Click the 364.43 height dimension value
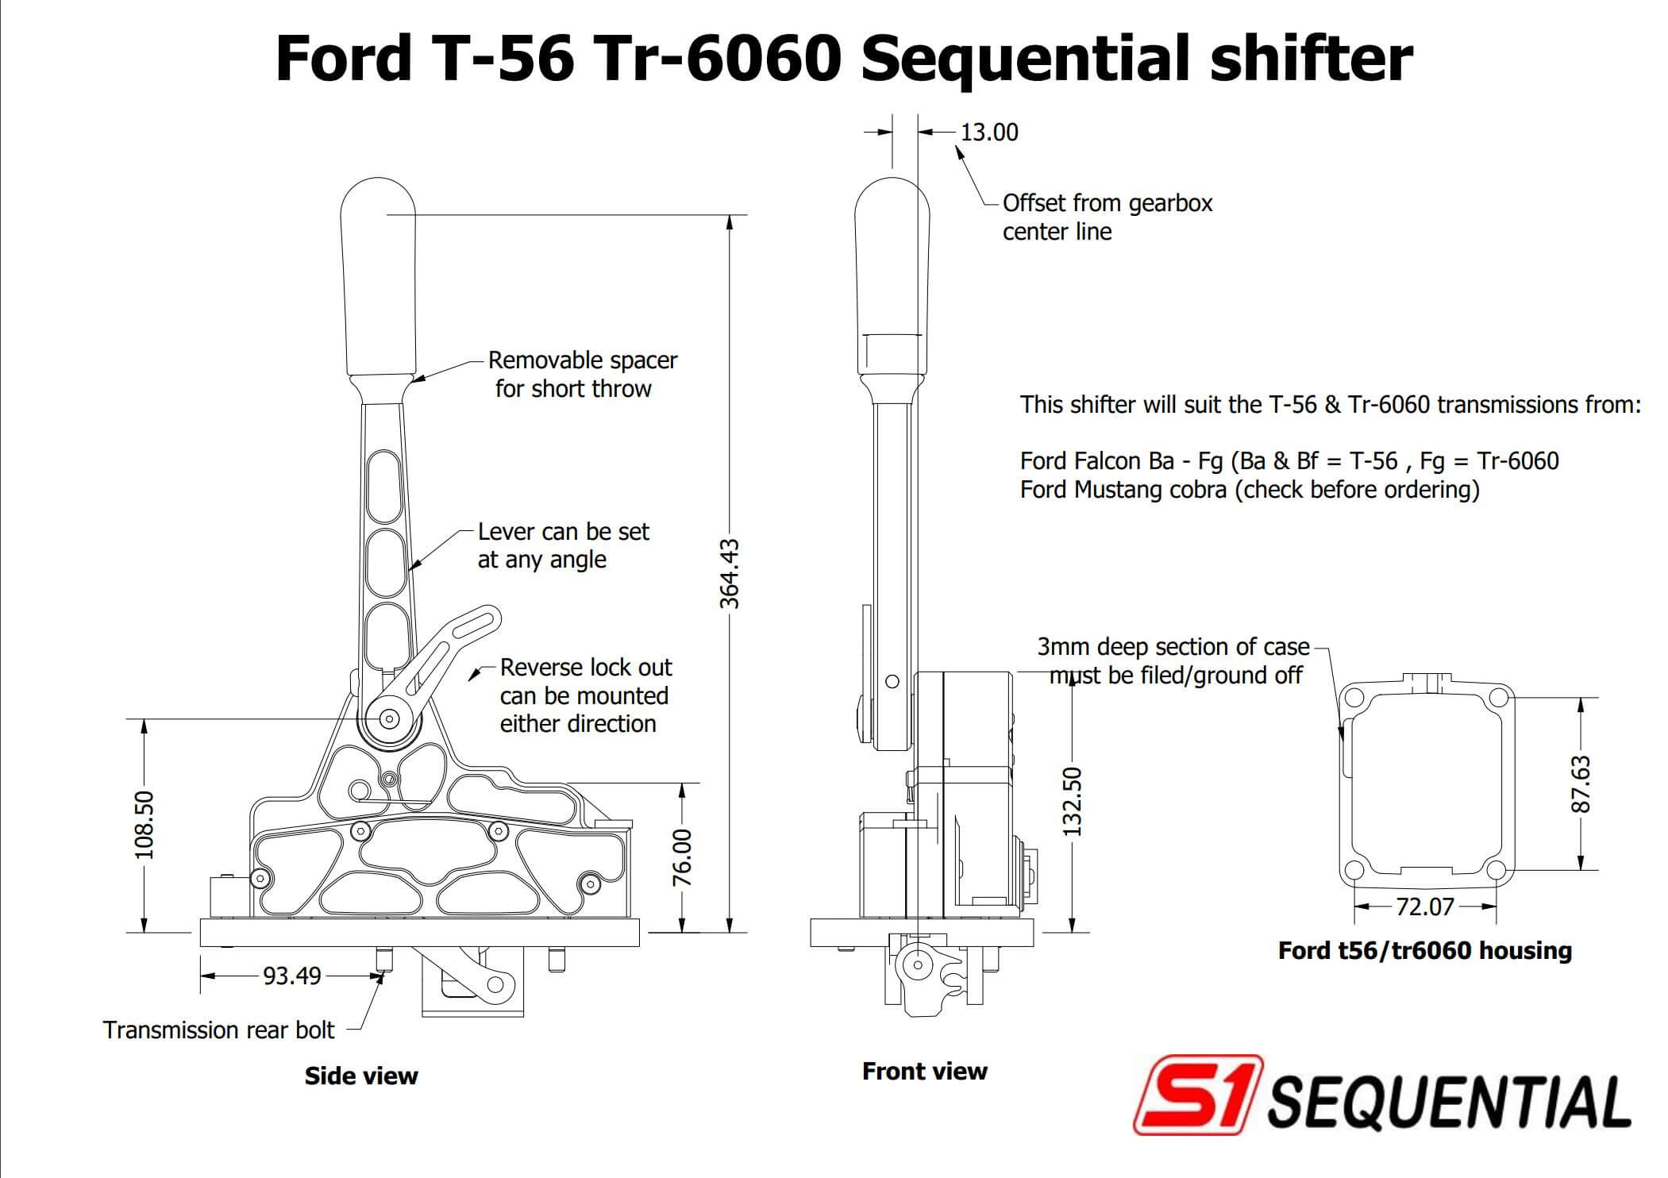click(x=729, y=574)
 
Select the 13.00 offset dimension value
click(x=988, y=133)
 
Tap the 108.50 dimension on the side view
click(x=144, y=825)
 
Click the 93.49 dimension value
click(x=291, y=976)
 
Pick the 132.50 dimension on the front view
click(x=1072, y=801)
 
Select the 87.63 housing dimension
click(x=1580, y=784)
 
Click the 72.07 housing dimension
click(x=1424, y=907)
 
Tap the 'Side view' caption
click(x=361, y=1076)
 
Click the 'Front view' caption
click(x=924, y=1072)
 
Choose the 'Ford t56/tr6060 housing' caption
click(x=1424, y=951)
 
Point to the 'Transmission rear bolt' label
click(x=218, y=1030)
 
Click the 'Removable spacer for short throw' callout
click(x=582, y=375)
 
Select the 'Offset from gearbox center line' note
click(x=1107, y=218)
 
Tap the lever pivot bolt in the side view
click(x=389, y=719)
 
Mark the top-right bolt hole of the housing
click(x=1497, y=698)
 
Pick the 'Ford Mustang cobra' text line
click(x=1249, y=490)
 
